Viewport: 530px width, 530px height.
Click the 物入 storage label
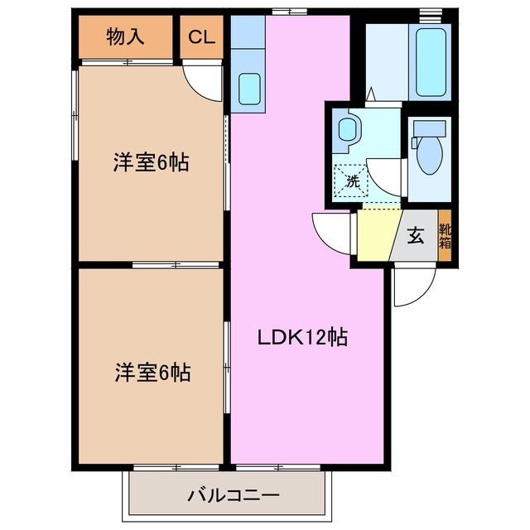point(126,37)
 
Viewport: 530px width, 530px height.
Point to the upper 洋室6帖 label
point(152,162)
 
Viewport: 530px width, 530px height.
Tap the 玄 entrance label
point(416,235)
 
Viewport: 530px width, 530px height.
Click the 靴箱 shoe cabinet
point(446,237)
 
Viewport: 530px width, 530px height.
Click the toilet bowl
point(429,157)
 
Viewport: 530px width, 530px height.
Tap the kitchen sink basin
point(249,86)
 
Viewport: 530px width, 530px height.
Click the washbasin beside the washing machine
point(348,129)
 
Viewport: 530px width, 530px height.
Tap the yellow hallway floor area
point(376,236)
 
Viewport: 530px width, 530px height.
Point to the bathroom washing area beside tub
point(385,62)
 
